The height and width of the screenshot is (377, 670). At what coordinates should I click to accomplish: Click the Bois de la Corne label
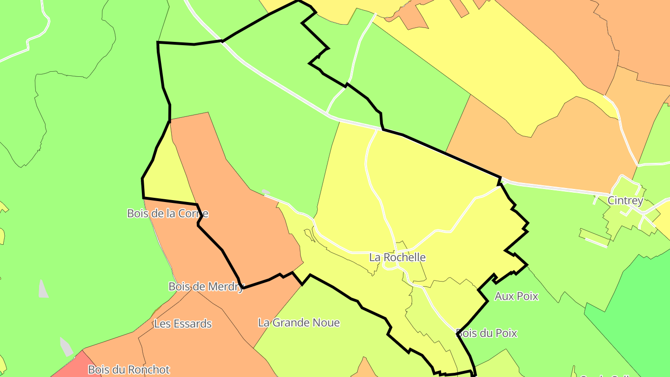(x=167, y=214)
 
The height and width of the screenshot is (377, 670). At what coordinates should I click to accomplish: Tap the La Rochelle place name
(x=397, y=257)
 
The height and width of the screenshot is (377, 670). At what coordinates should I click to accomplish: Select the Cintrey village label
(x=625, y=201)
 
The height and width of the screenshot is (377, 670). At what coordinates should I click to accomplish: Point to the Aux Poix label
(x=516, y=296)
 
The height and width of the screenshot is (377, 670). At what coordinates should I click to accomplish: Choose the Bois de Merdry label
(x=206, y=287)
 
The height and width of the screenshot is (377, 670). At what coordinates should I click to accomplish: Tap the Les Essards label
(x=183, y=324)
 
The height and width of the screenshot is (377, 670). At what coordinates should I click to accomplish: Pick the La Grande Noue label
(x=299, y=323)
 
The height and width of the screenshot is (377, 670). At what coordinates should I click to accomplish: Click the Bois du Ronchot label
(x=128, y=370)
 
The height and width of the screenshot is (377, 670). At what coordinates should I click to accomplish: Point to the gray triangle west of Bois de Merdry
(x=43, y=289)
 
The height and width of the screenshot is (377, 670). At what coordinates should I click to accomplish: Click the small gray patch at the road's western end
(x=266, y=192)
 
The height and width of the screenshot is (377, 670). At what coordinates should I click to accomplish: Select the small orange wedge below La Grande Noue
(x=365, y=370)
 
